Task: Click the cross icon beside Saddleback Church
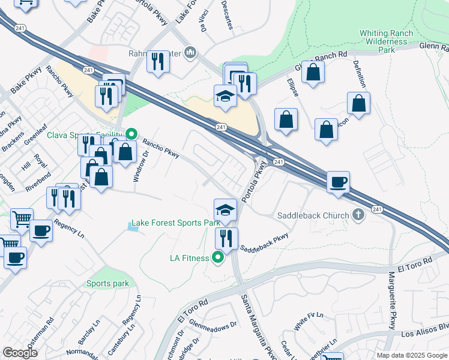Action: pos(358,215)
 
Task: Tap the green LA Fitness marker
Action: pos(218,259)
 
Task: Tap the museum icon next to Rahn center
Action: pos(190,53)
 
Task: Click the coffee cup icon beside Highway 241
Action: pos(339,181)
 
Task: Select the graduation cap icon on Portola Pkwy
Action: pos(226,209)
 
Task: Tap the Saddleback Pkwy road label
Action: pos(265,242)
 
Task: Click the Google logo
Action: pos(20,353)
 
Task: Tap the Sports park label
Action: pos(107,283)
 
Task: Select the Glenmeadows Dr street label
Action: pos(214,323)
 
